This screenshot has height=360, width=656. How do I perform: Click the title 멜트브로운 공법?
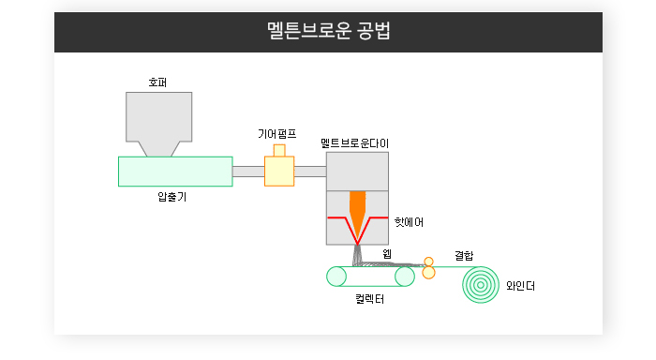(x=328, y=31)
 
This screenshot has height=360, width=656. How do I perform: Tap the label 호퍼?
(x=157, y=82)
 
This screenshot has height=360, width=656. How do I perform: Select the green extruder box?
(x=175, y=172)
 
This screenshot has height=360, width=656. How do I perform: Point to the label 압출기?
(x=171, y=196)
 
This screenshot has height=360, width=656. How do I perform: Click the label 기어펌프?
(x=277, y=134)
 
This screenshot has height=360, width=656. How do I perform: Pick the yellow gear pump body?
(x=279, y=172)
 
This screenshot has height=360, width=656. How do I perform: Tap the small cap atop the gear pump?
(x=279, y=150)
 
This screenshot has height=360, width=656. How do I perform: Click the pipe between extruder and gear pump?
(x=248, y=172)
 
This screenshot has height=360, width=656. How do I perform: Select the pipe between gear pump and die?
(x=310, y=172)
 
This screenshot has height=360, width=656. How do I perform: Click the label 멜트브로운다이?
(x=355, y=143)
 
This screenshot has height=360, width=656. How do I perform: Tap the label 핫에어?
(x=409, y=222)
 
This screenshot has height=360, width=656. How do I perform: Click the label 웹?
(x=387, y=254)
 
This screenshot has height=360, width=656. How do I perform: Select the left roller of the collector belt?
(x=336, y=277)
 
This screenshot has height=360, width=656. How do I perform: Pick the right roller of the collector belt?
(x=405, y=277)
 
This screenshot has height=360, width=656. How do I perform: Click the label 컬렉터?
(x=370, y=299)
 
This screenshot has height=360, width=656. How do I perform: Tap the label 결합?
(x=464, y=255)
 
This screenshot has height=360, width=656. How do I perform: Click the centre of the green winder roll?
(x=481, y=285)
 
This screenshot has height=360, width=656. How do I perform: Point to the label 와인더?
(x=520, y=286)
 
